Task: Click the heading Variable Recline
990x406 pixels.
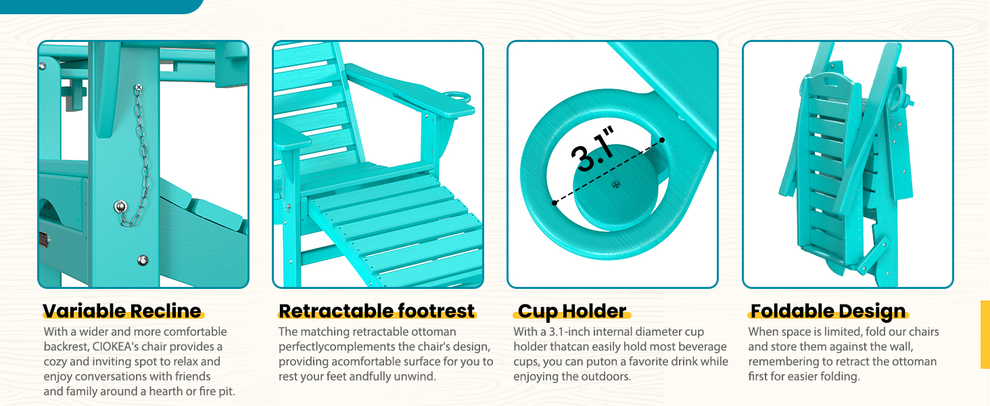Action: point(122,311)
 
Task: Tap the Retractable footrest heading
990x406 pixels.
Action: point(377,311)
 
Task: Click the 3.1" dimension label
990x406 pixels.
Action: point(592,149)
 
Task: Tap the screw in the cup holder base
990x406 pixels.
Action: point(615,185)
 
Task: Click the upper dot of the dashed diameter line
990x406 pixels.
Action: point(661,140)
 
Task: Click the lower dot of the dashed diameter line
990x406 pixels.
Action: point(555,202)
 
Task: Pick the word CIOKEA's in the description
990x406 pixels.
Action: point(114,346)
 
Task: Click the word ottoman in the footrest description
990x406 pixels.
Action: point(433,332)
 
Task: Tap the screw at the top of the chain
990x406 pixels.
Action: point(139,87)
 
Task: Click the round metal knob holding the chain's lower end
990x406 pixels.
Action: point(120,206)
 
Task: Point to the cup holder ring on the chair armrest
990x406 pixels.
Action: point(457,97)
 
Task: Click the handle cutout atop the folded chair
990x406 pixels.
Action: point(832,82)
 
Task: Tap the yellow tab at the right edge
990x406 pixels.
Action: point(985,334)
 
